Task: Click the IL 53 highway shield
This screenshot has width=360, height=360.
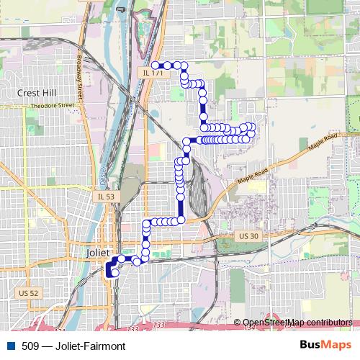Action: pyautogui.click(x=105, y=196)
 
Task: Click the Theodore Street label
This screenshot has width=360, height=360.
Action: pyautogui.click(x=53, y=106)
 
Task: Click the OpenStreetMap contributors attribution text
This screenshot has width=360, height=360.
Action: pyautogui.click(x=297, y=322)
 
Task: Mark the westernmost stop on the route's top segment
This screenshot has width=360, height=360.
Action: pyautogui.click(x=155, y=65)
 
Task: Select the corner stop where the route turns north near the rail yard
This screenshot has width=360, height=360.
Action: pyautogui.click(x=181, y=219)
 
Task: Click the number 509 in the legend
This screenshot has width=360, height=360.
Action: pyautogui.click(x=31, y=346)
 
